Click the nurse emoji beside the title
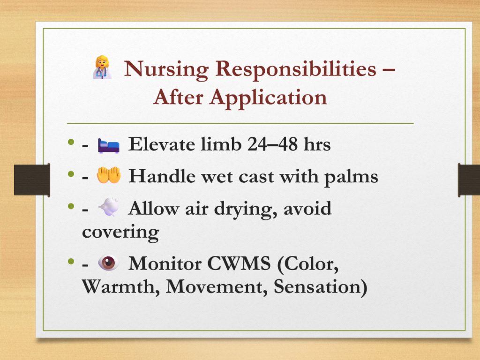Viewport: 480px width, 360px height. click(x=102, y=67)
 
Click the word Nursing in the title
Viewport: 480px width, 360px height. click(x=166, y=69)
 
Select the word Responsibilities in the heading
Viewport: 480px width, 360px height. click(x=296, y=69)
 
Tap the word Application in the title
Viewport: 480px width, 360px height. click(x=268, y=98)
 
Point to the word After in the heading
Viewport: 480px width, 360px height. click(x=178, y=97)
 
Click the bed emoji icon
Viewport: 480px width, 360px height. click(x=108, y=145)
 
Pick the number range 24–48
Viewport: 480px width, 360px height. click(x=272, y=144)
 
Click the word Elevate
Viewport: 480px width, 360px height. click(x=162, y=144)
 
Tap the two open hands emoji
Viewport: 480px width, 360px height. click(x=108, y=175)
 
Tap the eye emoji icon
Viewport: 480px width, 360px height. click(x=108, y=262)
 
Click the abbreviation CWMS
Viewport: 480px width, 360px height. click(x=239, y=263)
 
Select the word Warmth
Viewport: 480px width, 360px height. click(x=120, y=286)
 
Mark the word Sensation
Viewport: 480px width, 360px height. click(x=320, y=287)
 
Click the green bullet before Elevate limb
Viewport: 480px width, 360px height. click(x=71, y=142)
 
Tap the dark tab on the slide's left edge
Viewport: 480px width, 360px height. click(x=32, y=180)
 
